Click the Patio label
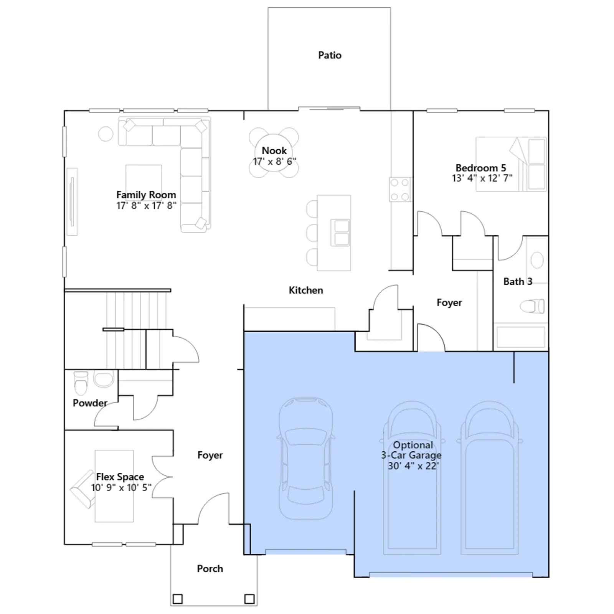click(330, 55)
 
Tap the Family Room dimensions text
click(146, 206)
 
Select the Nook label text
click(274, 150)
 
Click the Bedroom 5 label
click(481, 168)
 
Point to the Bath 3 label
click(518, 282)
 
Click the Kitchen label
click(306, 290)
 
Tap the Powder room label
click(90, 403)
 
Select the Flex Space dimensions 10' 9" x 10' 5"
click(121, 487)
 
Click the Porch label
click(210, 569)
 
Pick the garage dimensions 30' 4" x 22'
click(413, 466)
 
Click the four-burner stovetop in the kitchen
click(400, 190)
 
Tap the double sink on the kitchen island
click(341, 233)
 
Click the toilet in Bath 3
click(532, 306)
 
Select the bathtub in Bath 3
click(521, 337)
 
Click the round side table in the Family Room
click(106, 134)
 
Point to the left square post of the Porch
click(178, 599)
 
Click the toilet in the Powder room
click(81, 383)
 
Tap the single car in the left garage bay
click(306, 459)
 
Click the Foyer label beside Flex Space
click(210, 455)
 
